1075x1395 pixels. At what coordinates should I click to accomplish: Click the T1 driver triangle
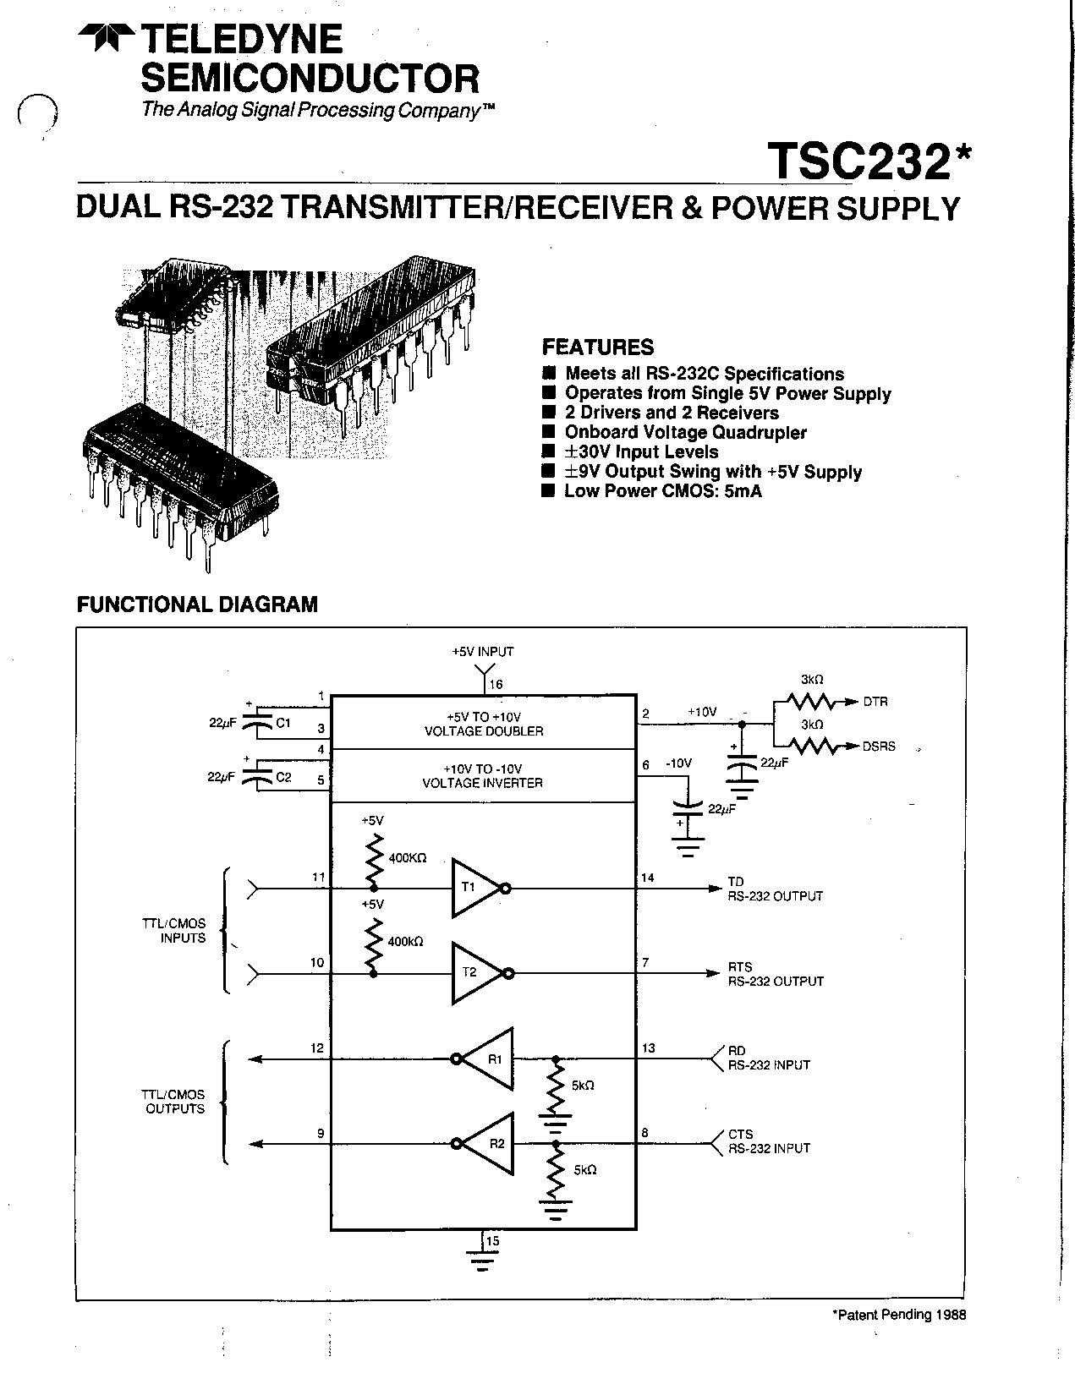474,888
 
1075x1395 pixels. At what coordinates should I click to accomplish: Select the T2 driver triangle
474,973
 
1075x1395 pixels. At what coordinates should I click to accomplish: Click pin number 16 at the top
496,684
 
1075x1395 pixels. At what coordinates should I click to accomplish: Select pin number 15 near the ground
493,1241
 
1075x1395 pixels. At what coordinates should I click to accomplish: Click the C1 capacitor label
283,723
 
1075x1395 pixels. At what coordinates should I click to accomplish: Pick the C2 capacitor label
283,777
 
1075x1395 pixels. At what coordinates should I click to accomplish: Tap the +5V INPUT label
482,652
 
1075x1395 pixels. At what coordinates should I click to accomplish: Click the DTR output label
875,702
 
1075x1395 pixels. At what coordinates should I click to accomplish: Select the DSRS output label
879,747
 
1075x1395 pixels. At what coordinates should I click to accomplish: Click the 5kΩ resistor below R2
556,1171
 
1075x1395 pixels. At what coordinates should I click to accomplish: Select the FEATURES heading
597,347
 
